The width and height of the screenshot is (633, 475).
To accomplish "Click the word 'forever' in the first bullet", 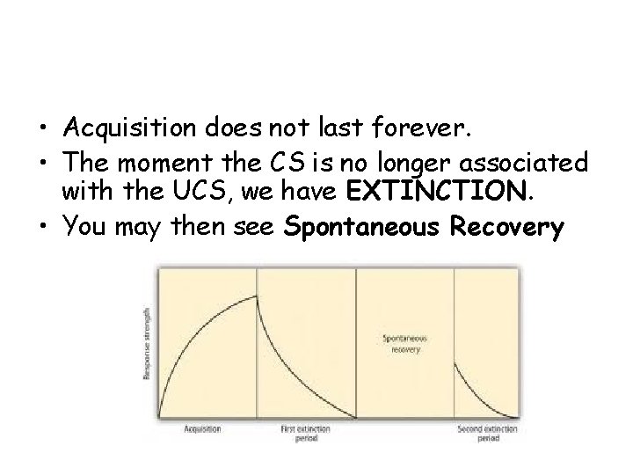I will (423, 131).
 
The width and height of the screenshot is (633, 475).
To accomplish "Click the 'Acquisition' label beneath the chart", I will (202, 428).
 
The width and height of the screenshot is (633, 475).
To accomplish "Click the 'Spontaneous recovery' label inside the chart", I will (404, 343).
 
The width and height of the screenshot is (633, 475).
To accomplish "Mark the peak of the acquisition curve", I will (256, 297).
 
